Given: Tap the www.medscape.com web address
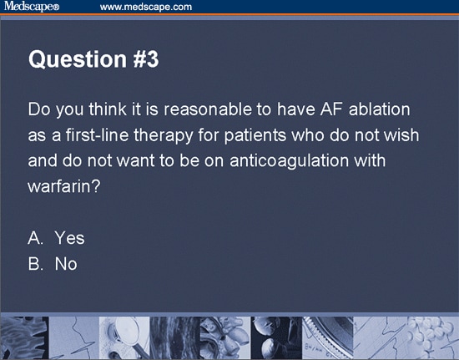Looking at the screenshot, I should (x=146, y=7).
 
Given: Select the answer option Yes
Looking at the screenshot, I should (x=69, y=238).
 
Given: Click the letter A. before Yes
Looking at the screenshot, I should (x=36, y=238).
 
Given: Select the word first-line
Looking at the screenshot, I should (x=92, y=135).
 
